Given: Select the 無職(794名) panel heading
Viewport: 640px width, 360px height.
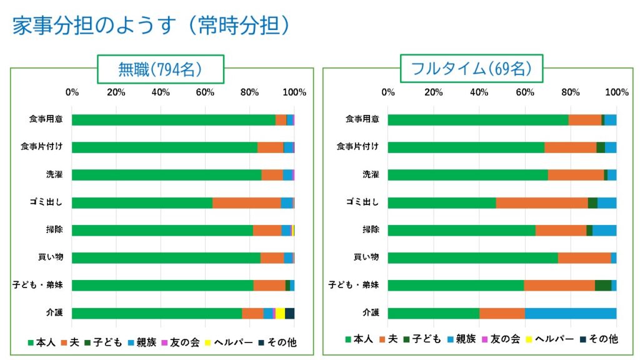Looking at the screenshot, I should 160,69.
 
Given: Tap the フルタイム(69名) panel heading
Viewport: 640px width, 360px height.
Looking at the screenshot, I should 471,69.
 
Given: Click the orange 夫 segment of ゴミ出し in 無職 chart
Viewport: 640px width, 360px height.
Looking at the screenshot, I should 246,202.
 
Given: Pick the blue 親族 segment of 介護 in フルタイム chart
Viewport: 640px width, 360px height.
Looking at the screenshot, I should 570,313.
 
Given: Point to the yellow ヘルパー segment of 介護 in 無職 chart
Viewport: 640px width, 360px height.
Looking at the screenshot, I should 280,313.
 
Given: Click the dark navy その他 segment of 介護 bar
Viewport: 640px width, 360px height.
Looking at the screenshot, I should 290,313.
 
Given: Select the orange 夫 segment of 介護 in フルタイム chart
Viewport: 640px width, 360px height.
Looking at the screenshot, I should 502,313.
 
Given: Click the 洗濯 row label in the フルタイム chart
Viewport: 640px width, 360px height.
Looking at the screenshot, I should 371,174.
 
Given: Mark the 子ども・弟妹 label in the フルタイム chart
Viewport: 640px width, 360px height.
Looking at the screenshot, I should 354,286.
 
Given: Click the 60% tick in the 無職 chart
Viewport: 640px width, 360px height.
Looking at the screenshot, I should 206,92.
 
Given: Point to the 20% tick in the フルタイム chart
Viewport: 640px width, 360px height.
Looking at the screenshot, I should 434,92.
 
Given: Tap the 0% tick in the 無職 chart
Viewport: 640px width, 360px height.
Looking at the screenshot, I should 72,92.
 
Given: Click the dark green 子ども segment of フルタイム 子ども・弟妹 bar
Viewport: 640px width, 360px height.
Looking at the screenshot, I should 602,286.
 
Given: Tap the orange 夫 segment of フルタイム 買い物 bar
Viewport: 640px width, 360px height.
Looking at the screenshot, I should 584,257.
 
